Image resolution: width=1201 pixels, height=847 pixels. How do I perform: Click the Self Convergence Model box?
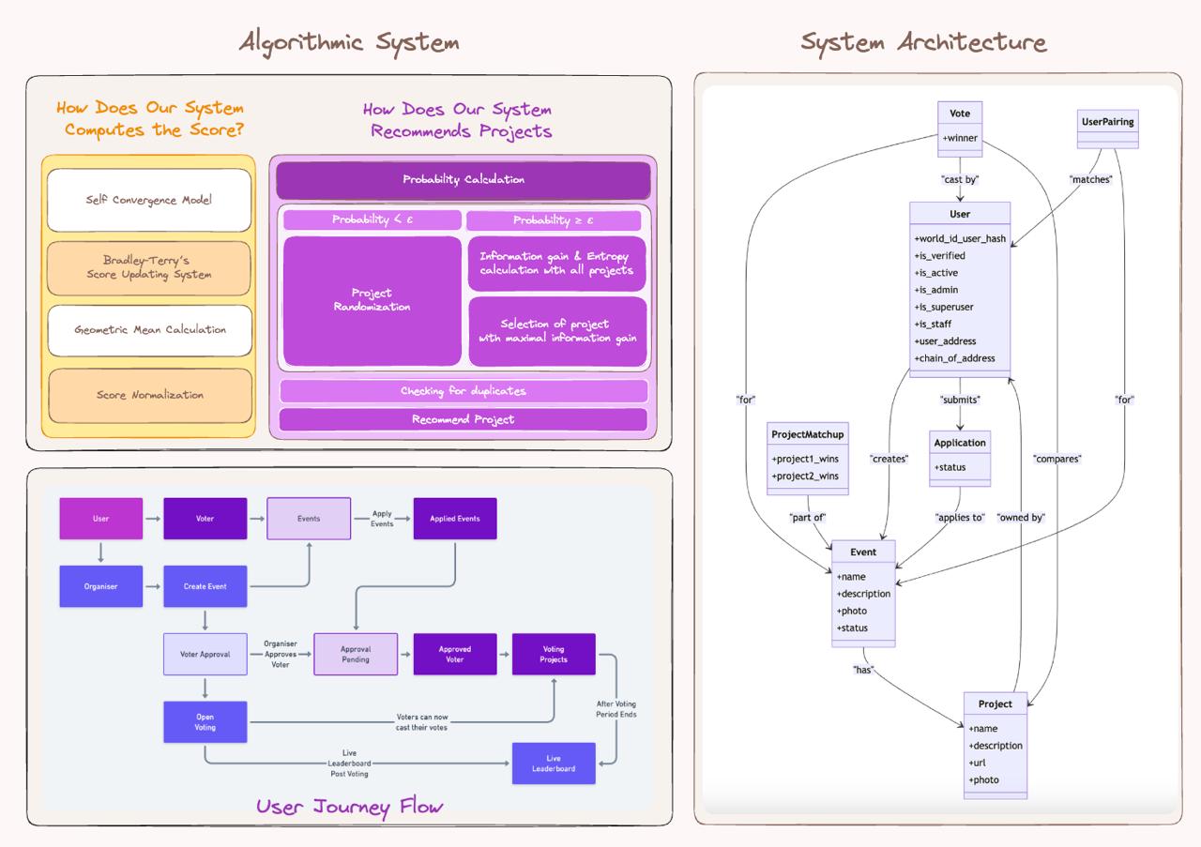pos(149,200)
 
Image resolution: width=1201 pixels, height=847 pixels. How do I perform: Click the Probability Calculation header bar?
pos(463,180)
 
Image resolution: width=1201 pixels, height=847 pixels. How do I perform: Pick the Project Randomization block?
pos(372,300)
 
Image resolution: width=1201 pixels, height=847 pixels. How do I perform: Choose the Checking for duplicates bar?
pos(463,391)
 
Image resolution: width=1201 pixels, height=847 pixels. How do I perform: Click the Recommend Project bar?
pos(463,419)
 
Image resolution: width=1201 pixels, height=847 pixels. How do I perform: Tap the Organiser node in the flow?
pos(101,586)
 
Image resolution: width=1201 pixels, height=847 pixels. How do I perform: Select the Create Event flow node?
pos(205,586)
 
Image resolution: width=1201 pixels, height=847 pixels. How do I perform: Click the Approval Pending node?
pos(356,654)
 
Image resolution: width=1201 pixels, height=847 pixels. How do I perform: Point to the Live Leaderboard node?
pos(554,764)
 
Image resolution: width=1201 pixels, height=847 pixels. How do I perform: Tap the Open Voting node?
pos(205,722)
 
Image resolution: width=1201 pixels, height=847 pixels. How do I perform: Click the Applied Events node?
pos(455,519)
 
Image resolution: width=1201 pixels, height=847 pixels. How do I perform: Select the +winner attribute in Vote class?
pos(960,139)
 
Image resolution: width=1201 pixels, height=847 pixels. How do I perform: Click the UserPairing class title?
pos(1107,122)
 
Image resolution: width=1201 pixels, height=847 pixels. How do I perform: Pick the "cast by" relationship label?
pos(960,179)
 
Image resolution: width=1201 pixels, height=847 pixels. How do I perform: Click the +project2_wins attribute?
pos(805,476)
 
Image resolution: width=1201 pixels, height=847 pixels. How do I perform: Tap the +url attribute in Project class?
pos(979,763)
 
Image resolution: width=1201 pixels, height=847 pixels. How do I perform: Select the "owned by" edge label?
pos(1020,518)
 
